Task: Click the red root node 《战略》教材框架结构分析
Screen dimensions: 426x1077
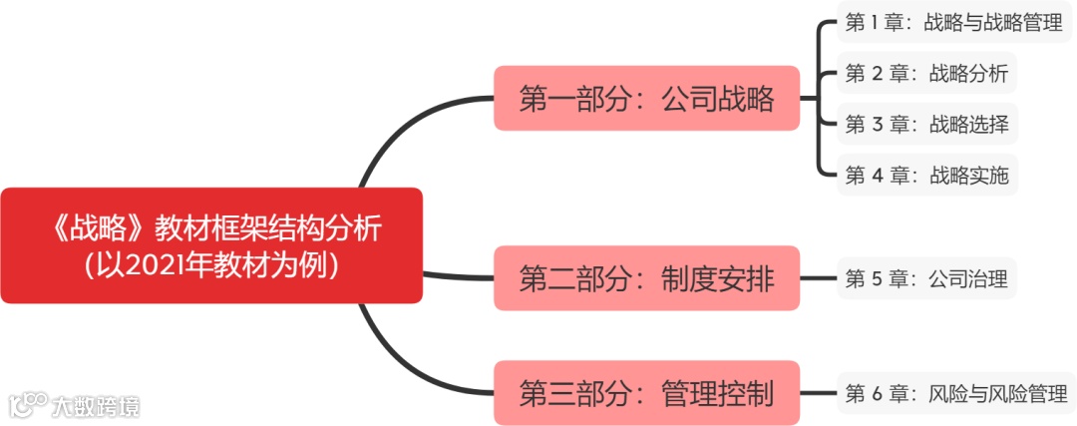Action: (x=210, y=245)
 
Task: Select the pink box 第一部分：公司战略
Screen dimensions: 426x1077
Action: (x=646, y=98)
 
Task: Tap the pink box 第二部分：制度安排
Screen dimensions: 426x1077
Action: (x=646, y=278)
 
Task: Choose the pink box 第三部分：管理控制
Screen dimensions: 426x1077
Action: (x=646, y=393)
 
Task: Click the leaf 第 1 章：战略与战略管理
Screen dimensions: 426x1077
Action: (x=954, y=22)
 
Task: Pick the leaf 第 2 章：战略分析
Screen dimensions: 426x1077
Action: (x=926, y=73)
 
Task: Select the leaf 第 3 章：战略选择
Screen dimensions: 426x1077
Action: (x=926, y=125)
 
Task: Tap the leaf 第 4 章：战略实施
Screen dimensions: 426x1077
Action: (x=926, y=177)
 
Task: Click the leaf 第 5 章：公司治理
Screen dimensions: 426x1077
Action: (x=926, y=279)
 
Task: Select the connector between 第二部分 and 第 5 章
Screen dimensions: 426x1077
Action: (x=819, y=279)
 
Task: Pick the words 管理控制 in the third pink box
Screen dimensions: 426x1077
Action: (x=717, y=393)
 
